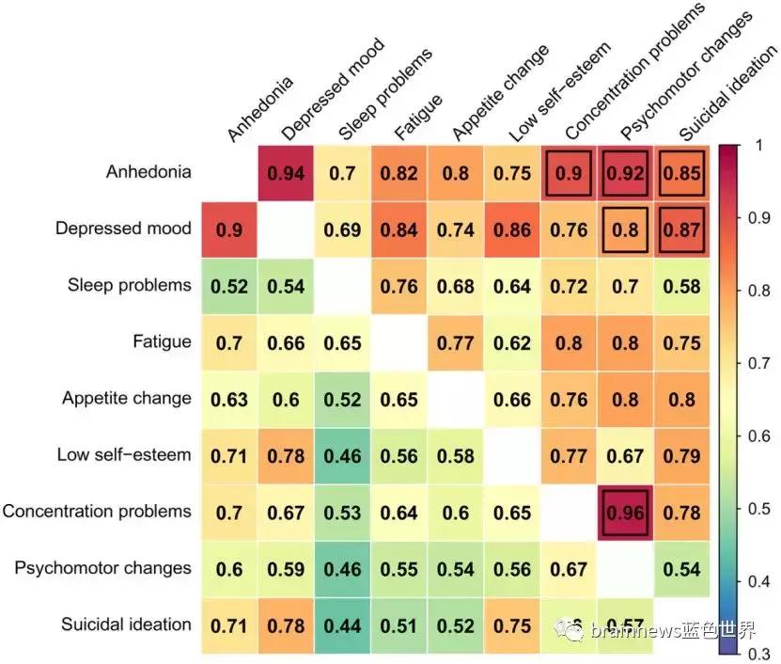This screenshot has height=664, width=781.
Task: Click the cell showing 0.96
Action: click(626, 512)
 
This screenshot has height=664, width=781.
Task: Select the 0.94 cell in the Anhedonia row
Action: click(286, 172)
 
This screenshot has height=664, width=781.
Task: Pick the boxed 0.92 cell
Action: click(626, 172)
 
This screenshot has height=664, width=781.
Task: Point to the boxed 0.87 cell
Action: click(682, 229)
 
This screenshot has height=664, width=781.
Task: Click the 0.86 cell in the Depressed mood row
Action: click(512, 229)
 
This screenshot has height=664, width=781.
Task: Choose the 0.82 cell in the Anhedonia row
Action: click(399, 172)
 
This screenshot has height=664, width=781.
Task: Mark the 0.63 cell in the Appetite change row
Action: click(229, 399)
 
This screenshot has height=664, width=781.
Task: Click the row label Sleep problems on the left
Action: click(130, 285)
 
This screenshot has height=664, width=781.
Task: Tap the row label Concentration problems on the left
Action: click(97, 512)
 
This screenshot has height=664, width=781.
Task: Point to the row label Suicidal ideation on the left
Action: click(126, 624)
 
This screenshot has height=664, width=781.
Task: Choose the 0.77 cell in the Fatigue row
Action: click(456, 342)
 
